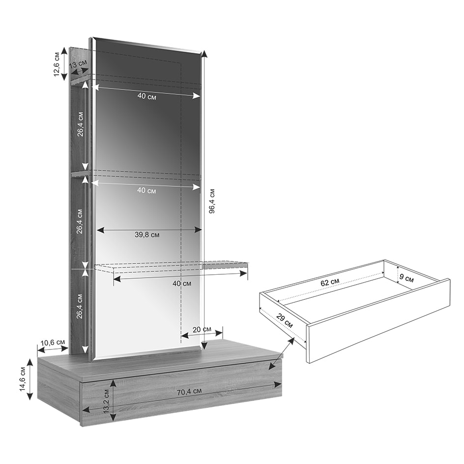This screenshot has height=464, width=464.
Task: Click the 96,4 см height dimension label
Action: click(211, 201)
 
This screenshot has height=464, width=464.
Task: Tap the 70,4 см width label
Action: click(189, 392)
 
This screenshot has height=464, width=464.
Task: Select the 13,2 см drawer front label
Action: click(106, 401)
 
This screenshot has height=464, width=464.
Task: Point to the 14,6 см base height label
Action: click(23, 379)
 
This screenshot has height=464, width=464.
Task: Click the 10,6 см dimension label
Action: click(53, 343)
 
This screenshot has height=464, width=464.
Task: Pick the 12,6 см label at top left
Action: click(57, 64)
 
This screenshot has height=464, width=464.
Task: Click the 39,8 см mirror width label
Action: click(147, 234)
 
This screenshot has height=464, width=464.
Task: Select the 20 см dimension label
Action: click(202, 329)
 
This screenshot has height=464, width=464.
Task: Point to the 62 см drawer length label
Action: click(330, 282)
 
